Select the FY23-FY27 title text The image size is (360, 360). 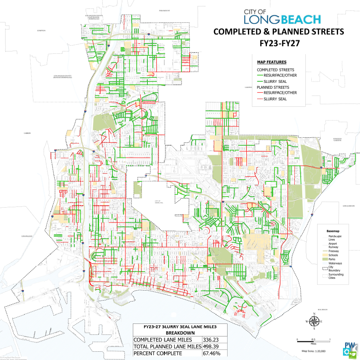(x=279, y=43)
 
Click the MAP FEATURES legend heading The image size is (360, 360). (x=272, y=62)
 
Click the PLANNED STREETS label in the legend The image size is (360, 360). (x=273, y=87)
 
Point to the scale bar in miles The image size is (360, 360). (x=313, y=338)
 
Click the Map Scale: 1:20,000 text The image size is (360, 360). (x=313, y=351)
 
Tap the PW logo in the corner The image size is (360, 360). (x=349, y=349)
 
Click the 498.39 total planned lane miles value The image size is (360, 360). (x=211, y=347)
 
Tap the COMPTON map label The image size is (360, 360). (x=40, y=30)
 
